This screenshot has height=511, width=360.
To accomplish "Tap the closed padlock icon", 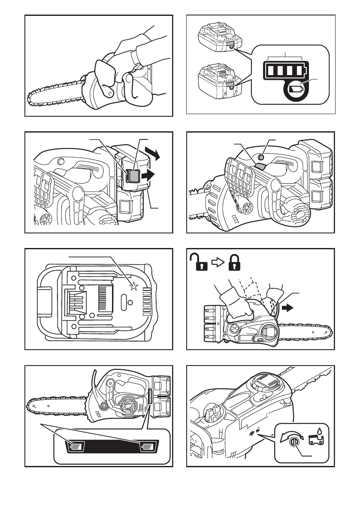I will (x=233, y=262).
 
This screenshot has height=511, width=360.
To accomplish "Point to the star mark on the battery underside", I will (x=134, y=287).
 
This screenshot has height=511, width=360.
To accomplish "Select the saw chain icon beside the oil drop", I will (x=316, y=441).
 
